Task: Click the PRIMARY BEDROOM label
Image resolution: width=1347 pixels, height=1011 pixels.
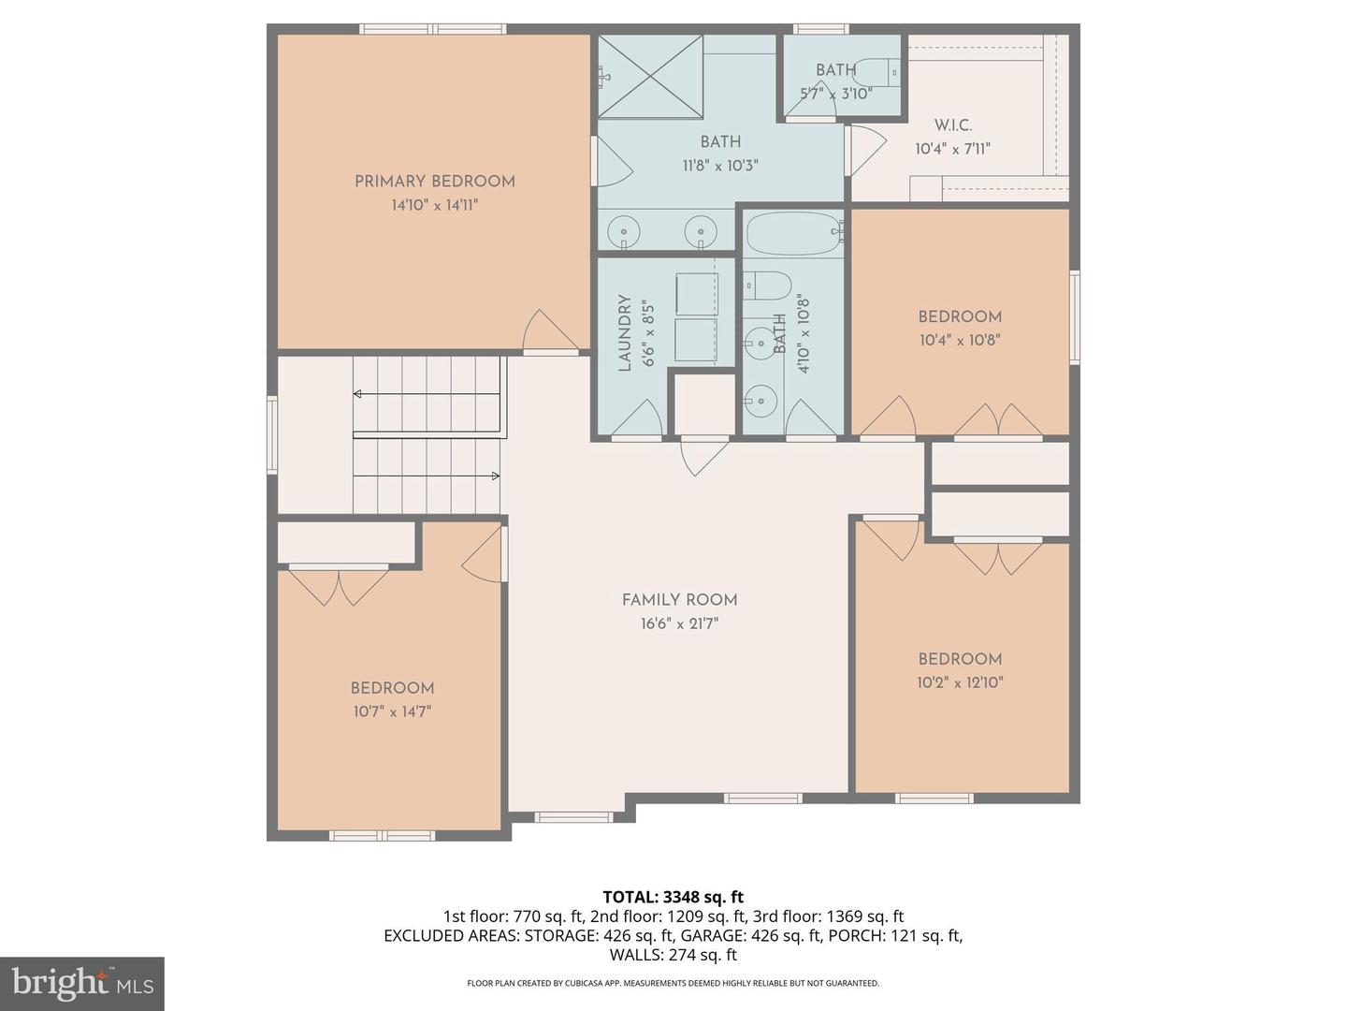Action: coord(434,182)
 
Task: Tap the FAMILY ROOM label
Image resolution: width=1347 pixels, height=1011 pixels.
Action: coord(679,600)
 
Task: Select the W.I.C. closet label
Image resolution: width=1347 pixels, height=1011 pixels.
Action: coord(952,125)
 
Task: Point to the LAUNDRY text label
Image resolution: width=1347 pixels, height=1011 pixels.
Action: coord(625,333)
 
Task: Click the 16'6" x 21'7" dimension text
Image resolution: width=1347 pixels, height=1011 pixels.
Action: coord(679,624)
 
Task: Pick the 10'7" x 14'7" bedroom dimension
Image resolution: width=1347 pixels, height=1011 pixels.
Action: coord(392,711)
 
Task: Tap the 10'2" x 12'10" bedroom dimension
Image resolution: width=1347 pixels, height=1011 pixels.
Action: coord(960,683)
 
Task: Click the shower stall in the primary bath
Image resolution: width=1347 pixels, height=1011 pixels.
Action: coord(650,77)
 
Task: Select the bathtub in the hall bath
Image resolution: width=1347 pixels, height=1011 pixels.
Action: coord(793,233)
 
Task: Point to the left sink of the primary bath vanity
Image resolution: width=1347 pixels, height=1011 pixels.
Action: coord(622,230)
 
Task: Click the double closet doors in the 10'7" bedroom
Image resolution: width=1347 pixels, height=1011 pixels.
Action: coord(338,585)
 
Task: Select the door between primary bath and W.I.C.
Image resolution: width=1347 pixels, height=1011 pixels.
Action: coord(866,151)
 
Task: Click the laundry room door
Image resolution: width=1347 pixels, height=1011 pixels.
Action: coord(639,421)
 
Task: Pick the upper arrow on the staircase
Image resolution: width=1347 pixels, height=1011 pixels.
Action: coord(358,394)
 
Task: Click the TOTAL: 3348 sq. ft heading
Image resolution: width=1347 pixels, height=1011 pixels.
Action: coord(673,897)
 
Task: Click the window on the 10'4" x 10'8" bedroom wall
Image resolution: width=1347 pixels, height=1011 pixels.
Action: coord(1075,317)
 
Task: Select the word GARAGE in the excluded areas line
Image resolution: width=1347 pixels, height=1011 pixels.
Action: coord(709,935)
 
